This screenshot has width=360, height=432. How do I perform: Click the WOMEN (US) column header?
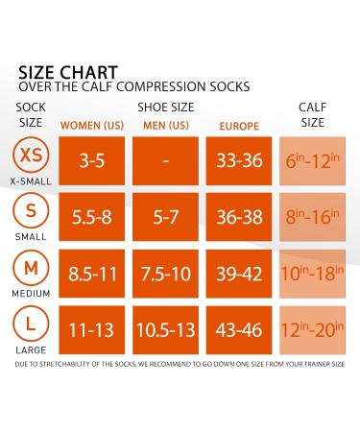pyautogui.click(x=92, y=125)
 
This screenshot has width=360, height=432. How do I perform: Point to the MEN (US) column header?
pyautogui.click(x=165, y=125)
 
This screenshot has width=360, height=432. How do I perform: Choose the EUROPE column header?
pyautogui.click(x=239, y=125)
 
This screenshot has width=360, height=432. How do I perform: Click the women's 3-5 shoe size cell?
pyautogui.click(x=92, y=161)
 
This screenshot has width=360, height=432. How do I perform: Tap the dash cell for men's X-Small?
pyautogui.click(x=165, y=161)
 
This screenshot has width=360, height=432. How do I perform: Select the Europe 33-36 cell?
pyautogui.click(x=239, y=161)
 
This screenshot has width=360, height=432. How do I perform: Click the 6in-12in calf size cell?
pyautogui.click(x=312, y=161)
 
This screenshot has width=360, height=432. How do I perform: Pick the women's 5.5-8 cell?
pyautogui.click(x=92, y=218)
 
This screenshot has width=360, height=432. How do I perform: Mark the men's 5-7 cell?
pyautogui.click(x=165, y=218)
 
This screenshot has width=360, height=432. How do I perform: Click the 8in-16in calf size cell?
pyautogui.click(x=312, y=218)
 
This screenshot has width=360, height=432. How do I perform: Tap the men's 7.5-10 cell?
pyautogui.click(x=165, y=275)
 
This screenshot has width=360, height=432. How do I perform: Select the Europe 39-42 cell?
pyautogui.click(x=239, y=275)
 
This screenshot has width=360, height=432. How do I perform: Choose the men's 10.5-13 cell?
pyautogui.click(x=165, y=331)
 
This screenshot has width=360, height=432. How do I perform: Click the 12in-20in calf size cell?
pyautogui.click(x=312, y=331)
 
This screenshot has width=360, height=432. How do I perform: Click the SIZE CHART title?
pyautogui.click(x=68, y=72)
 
